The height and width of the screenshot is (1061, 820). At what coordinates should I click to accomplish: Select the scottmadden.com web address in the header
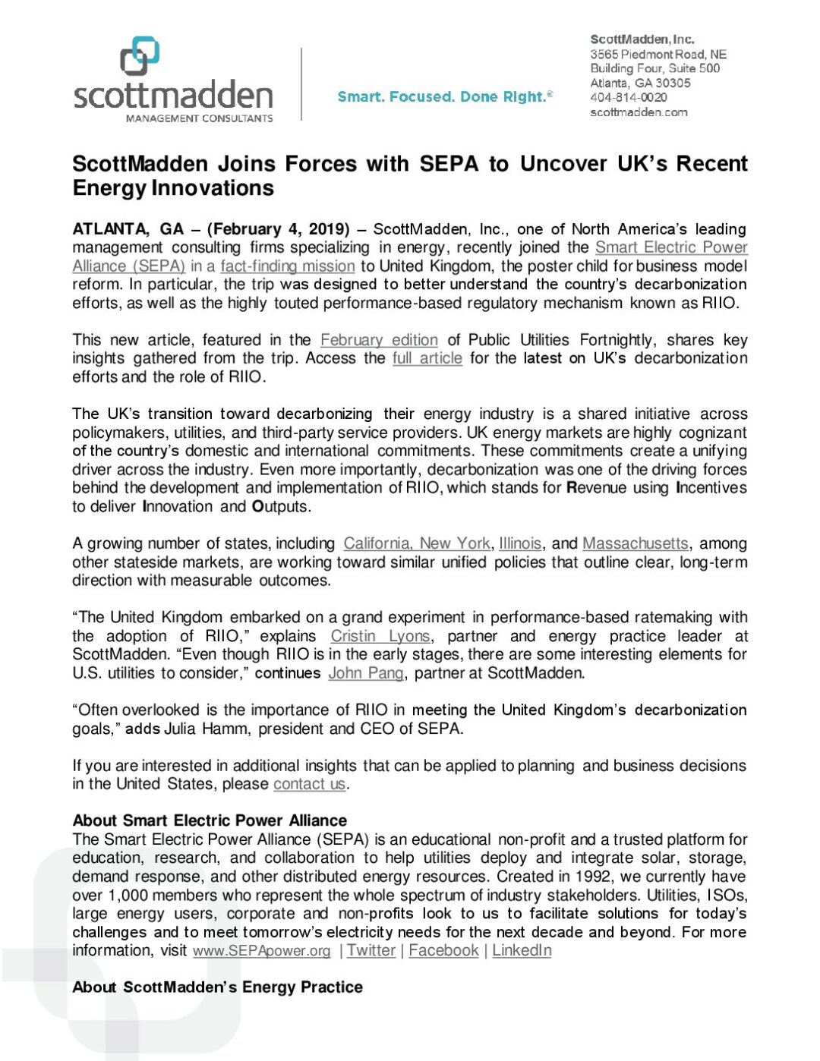639,112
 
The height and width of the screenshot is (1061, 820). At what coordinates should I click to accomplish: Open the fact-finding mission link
288,266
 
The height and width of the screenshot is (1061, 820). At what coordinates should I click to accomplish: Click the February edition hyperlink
379,340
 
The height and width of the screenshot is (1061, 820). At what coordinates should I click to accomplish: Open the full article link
427,358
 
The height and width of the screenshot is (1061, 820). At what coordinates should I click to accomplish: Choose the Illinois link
520,543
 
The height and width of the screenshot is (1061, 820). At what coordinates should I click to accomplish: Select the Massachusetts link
635,543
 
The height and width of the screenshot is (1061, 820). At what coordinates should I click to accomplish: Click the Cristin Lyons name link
380,636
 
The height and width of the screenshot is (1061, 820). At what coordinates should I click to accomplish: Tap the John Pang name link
365,673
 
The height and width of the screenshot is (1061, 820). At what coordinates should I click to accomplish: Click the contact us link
309,784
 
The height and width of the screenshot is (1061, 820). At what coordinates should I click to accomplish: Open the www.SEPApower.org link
262,951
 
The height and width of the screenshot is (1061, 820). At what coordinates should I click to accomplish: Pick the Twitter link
371,951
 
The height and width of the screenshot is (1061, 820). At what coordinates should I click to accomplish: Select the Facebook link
443,951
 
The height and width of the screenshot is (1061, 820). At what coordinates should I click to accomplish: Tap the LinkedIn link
522,951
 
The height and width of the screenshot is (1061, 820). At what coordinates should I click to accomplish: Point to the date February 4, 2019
278,229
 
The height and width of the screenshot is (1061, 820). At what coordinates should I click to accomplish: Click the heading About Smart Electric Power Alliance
210,820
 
